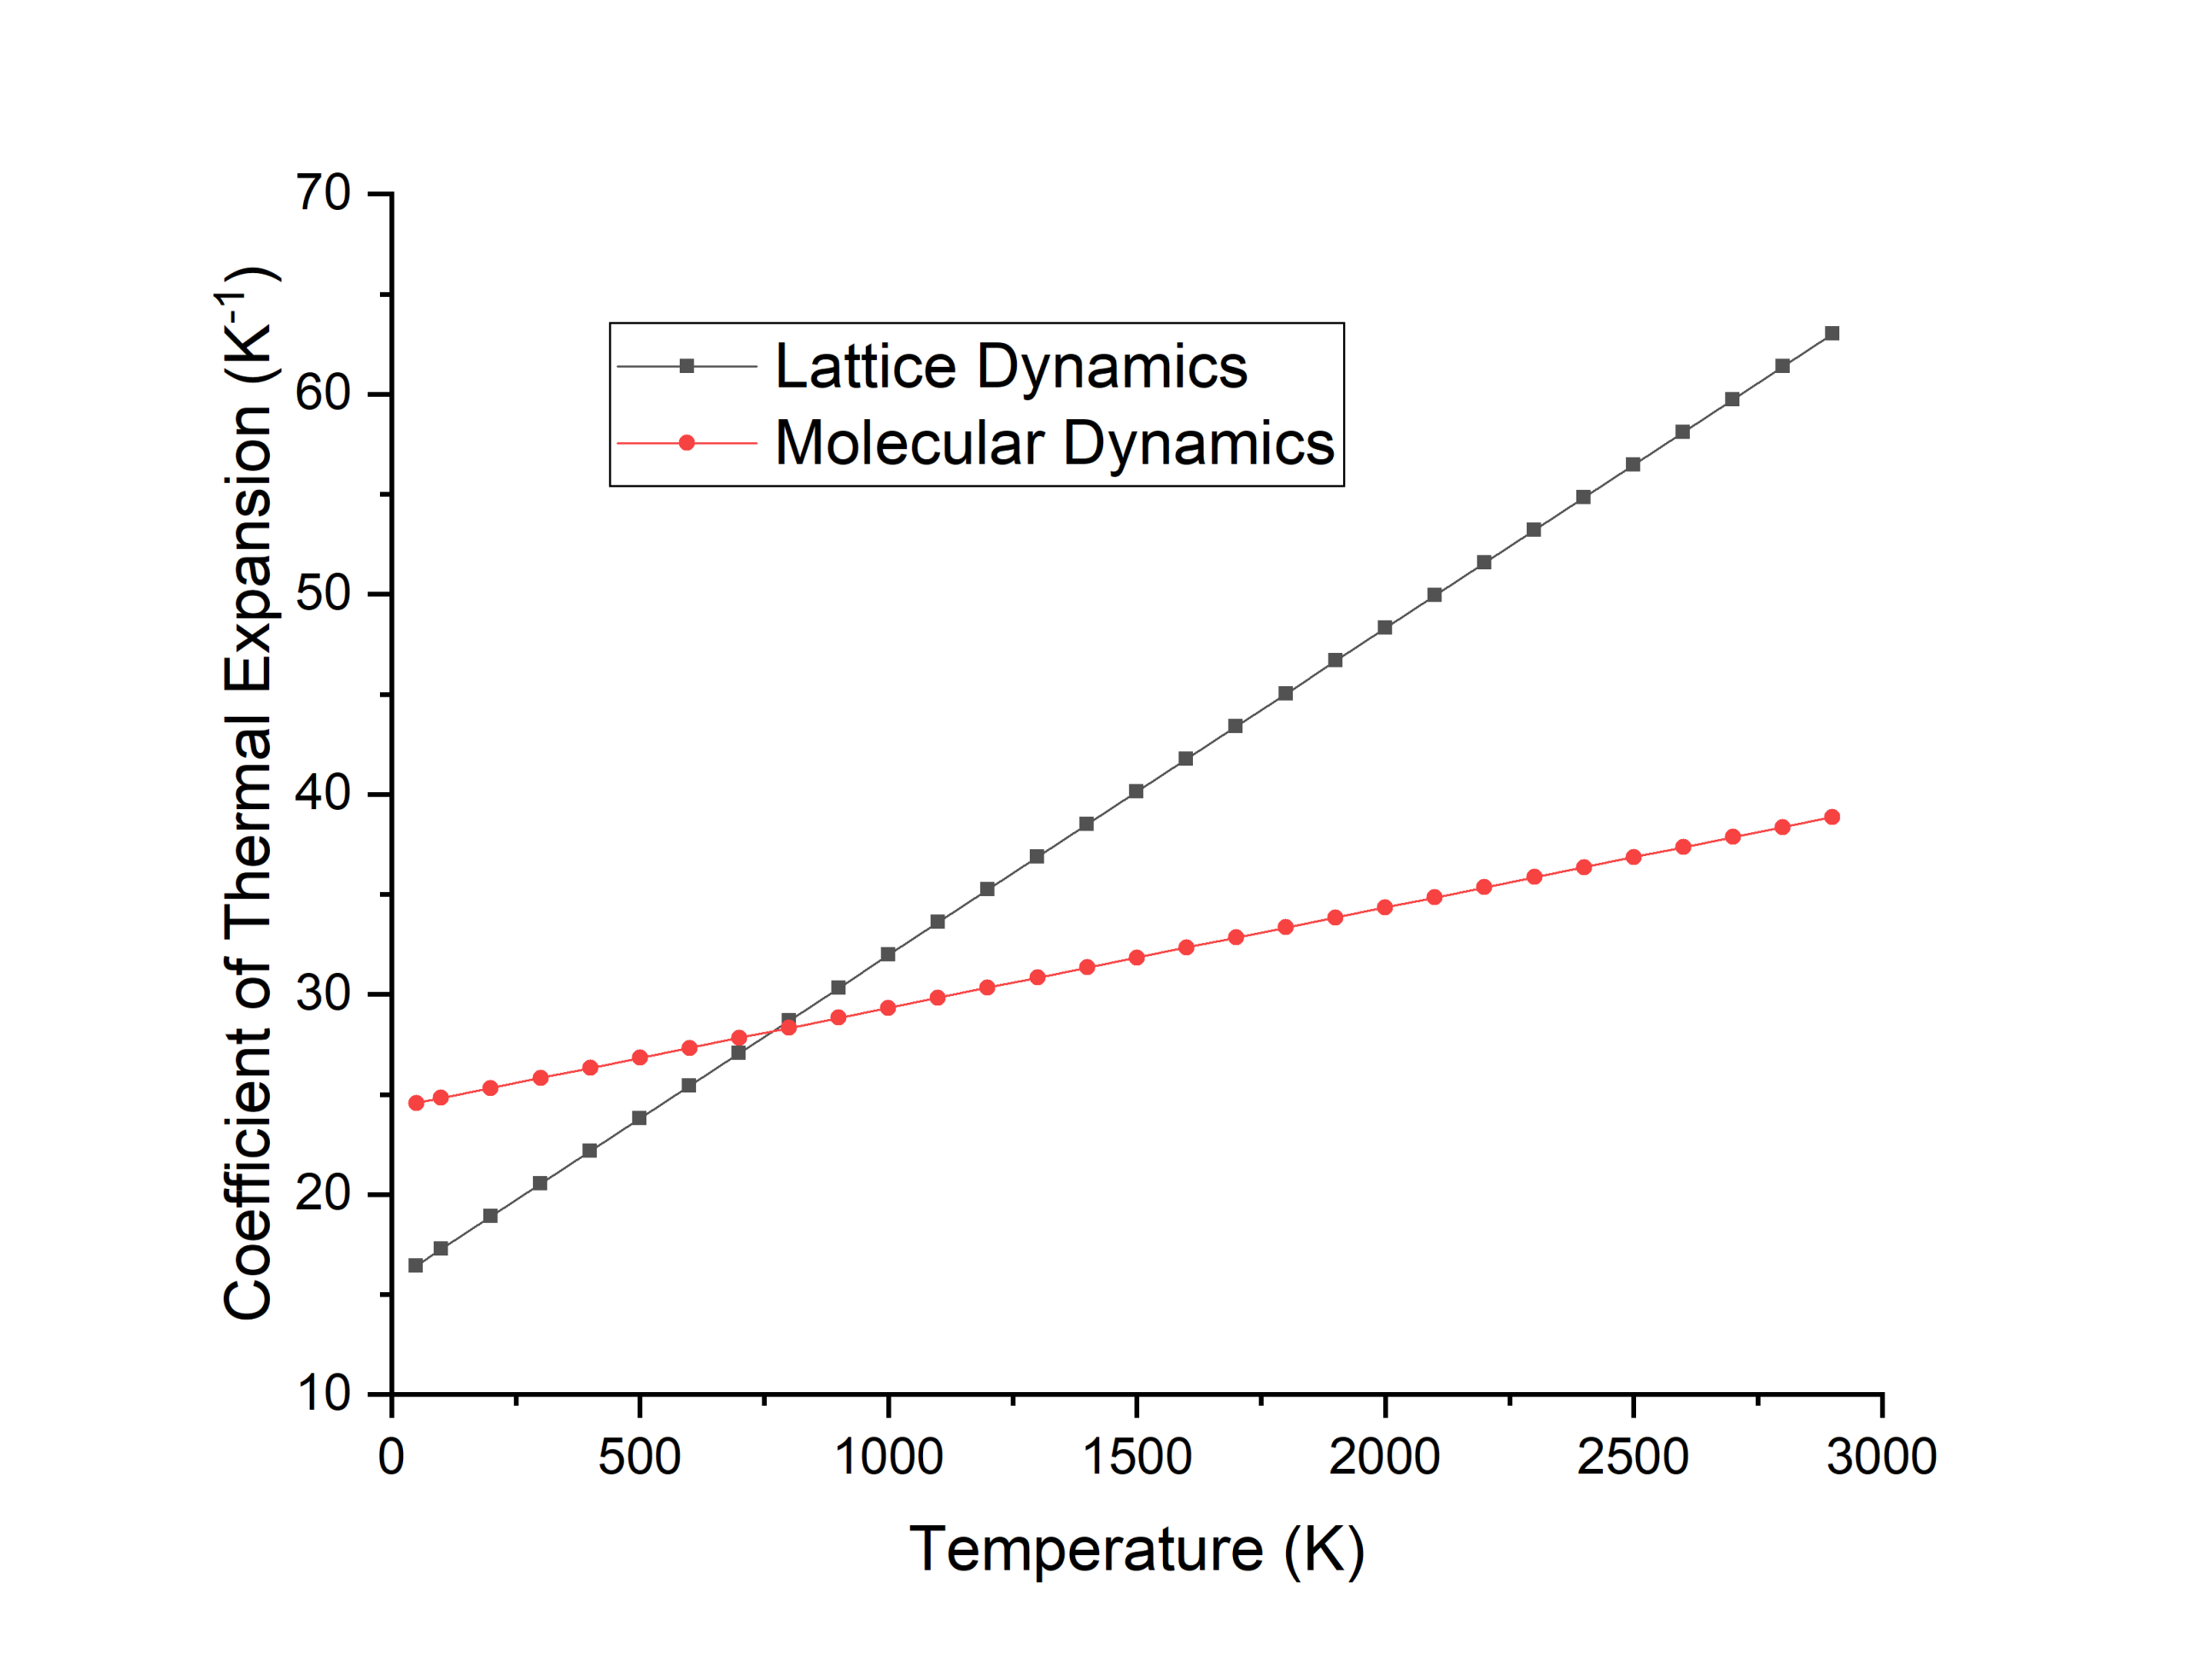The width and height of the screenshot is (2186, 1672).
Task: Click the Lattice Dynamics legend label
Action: point(1010,366)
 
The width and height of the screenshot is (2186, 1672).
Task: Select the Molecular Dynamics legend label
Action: point(1055,443)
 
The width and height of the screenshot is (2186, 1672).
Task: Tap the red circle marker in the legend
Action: point(686,443)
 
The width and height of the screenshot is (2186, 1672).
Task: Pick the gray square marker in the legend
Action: point(686,366)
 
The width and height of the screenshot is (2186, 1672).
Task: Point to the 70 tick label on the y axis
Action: point(324,193)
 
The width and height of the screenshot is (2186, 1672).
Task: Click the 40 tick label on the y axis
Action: point(324,795)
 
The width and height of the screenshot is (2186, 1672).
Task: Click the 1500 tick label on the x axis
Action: point(1137,1458)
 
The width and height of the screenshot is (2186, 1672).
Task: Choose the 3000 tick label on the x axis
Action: point(1881,1458)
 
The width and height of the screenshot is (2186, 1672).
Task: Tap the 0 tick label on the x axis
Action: point(391,1458)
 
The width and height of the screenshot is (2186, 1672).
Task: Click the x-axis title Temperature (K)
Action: point(1137,1550)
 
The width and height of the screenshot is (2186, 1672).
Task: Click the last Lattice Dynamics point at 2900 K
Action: point(1832,334)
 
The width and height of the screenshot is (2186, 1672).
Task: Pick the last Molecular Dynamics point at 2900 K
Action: point(1832,817)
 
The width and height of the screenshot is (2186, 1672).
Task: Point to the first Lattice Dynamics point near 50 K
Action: point(416,1266)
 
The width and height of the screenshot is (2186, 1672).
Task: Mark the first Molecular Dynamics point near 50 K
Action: point(416,1103)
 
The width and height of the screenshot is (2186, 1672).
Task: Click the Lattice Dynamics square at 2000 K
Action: point(1385,628)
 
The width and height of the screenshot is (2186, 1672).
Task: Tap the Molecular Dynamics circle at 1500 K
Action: point(1137,958)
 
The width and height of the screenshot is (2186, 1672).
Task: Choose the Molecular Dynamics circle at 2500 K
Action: point(1634,857)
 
